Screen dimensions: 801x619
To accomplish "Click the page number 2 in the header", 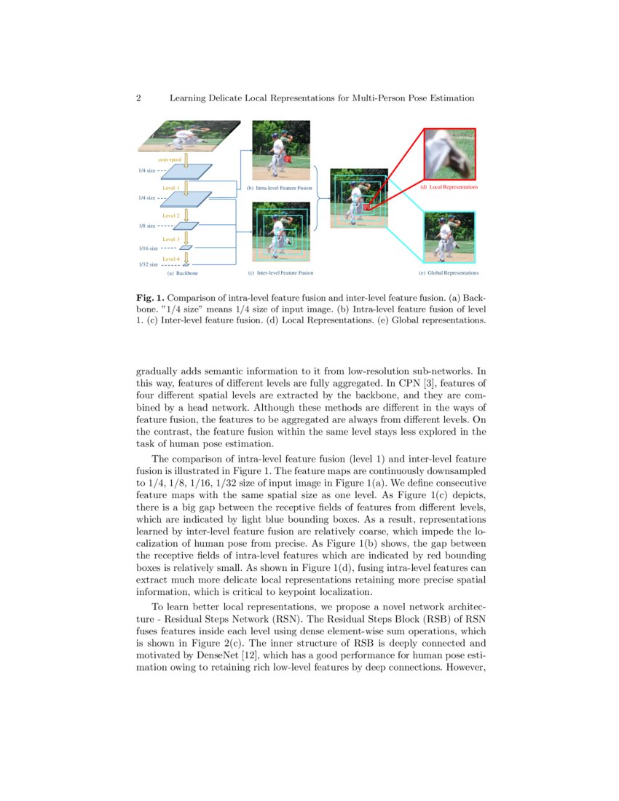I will (x=138, y=98).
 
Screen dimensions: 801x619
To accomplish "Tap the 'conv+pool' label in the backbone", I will (x=170, y=158).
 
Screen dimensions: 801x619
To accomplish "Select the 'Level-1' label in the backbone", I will (x=171, y=188).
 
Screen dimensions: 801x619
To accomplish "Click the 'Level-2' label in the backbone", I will (x=171, y=216).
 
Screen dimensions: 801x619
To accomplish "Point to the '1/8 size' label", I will (x=147, y=226).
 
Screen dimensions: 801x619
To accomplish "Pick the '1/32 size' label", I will (x=148, y=264).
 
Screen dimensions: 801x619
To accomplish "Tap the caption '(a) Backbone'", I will (x=182, y=273).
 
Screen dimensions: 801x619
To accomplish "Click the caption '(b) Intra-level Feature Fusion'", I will (x=279, y=188).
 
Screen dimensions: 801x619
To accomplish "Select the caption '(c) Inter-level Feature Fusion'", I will (x=280, y=273).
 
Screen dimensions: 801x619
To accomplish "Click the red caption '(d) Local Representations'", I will (x=449, y=187).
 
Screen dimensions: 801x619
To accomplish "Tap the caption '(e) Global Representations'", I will (x=449, y=273).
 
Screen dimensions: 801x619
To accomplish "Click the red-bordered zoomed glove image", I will (x=449, y=154).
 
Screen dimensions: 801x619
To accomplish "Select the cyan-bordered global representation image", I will (x=449, y=237).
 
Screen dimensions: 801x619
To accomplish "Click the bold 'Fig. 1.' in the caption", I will (x=150, y=299).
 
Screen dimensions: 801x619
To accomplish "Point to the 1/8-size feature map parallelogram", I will (x=186, y=226).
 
